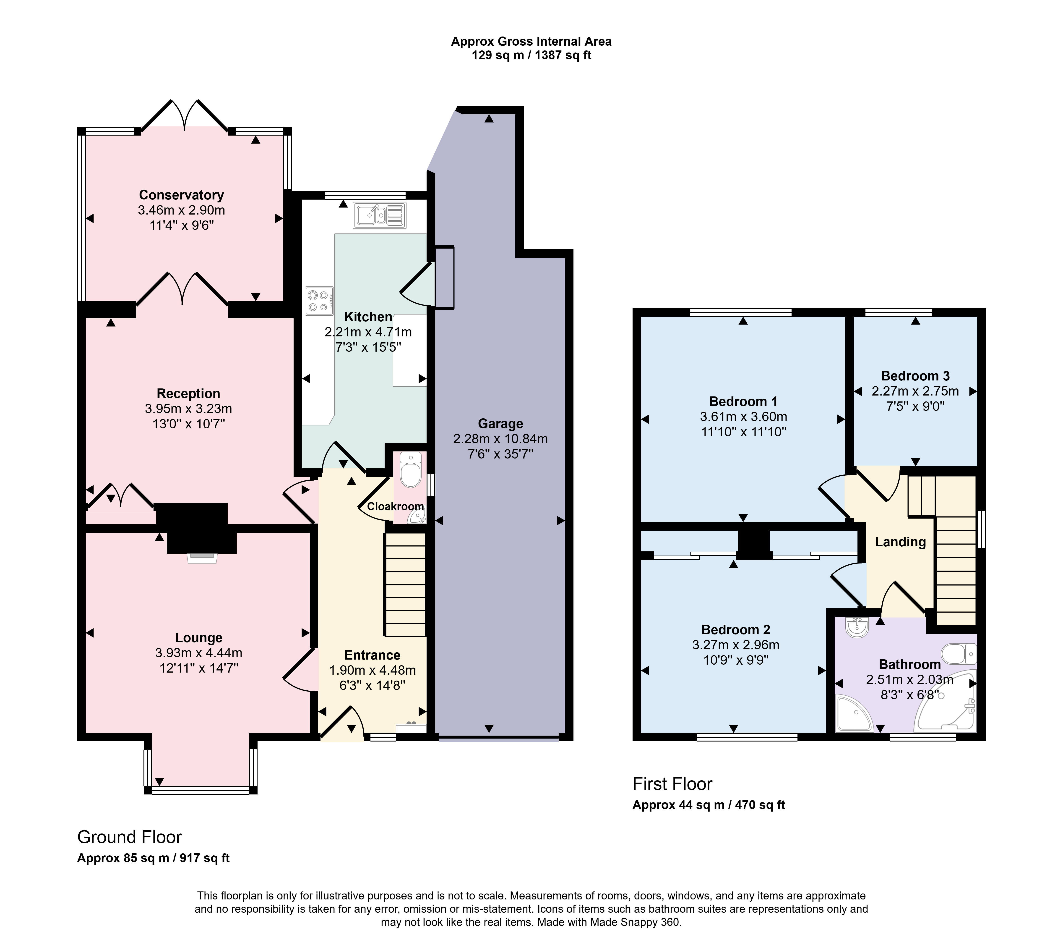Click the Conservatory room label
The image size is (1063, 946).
(182, 195)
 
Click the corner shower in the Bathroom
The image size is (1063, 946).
(854, 713)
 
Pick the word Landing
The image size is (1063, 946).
(900, 542)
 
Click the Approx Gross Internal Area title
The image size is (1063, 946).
(531, 42)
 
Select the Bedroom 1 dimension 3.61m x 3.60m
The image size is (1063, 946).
(743, 417)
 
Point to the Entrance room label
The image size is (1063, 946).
(372, 655)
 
